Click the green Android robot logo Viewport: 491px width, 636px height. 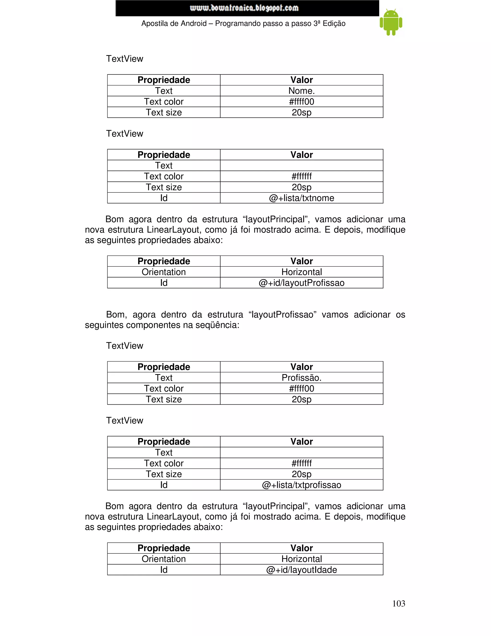point(391,22)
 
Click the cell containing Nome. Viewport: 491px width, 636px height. point(301,91)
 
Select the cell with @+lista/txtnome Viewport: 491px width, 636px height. point(301,198)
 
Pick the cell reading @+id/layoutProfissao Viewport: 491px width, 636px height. point(301,283)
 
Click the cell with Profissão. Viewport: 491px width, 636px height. point(301,378)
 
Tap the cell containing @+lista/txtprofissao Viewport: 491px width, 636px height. point(301,485)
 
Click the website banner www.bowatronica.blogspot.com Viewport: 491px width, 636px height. point(244,8)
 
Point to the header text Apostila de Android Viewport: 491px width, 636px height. point(174,24)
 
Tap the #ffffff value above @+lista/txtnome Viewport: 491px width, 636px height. point(301,176)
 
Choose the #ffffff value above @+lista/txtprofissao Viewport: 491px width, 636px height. point(301,463)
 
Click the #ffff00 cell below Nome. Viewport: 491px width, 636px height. point(301,102)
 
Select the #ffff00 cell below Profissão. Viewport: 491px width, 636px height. point(301,389)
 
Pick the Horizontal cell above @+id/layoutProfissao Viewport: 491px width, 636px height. point(301,272)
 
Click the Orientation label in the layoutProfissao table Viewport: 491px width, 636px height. point(164,272)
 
